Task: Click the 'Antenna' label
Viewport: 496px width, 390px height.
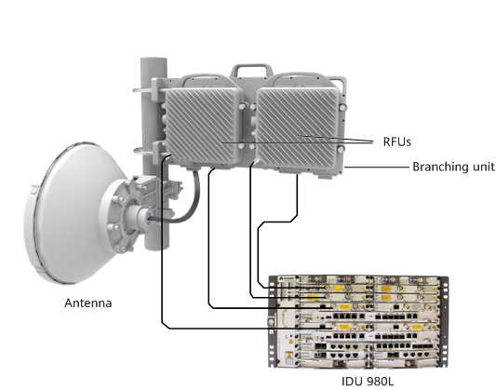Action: click(87, 303)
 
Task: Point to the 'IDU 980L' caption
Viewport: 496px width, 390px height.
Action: click(363, 382)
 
